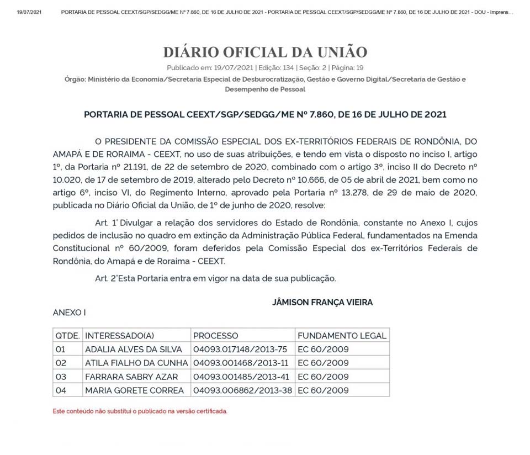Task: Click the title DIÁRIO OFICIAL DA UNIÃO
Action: point(265,52)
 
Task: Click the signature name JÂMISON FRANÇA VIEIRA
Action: point(322,302)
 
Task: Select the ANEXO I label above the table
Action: point(69,313)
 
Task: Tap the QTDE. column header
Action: point(67,336)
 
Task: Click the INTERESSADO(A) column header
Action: point(119,336)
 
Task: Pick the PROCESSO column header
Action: point(216,336)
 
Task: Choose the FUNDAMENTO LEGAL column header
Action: point(342,336)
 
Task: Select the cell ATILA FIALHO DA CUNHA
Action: point(136,363)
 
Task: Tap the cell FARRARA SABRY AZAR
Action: point(131,377)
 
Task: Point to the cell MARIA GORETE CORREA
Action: point(134,390)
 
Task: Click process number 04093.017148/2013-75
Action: point(240,350)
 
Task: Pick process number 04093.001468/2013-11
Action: point(240,363)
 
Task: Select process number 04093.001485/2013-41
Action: point(240,377)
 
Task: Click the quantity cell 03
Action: point(61,377)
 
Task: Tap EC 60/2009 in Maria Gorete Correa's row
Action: point(323,390)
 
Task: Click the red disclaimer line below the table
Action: point(140,411)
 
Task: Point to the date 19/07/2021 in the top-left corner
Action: point(29,12)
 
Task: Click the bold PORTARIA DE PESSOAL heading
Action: point(265,115)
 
